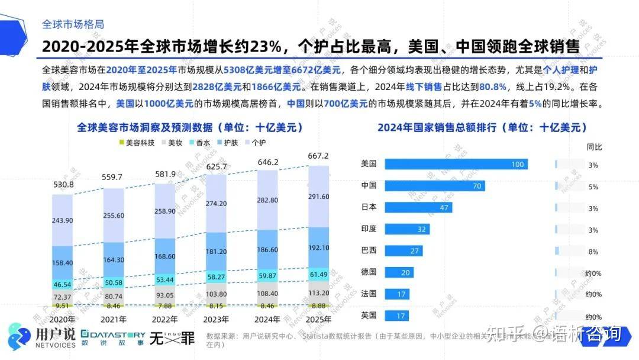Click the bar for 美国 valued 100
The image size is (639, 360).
point(456,165)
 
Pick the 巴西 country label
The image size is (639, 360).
point(369,250)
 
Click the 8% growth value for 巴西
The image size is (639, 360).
point(593,251)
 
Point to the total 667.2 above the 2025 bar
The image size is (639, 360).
point(318,156)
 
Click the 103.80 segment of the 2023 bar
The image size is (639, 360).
point(217,294)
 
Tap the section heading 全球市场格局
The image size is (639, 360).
point(73,24)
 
